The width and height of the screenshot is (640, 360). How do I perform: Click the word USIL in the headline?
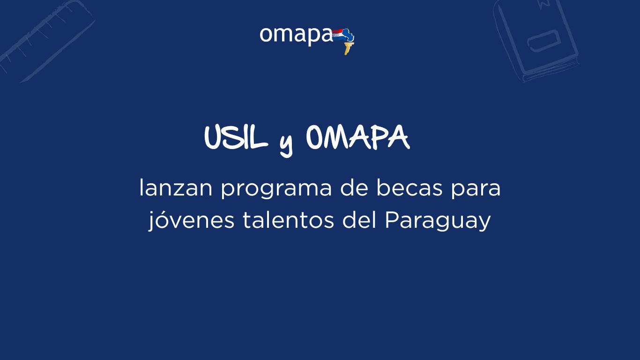pyautogui.click(x=236, y=138)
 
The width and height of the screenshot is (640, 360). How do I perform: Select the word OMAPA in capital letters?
pyautogui.click(x=358, y=138)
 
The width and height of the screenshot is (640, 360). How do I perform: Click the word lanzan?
pyautogui.click(x=176, y=187)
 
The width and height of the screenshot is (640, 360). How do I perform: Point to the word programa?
pyautogui.click(x=276, y=190)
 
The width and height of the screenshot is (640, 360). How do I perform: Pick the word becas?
pyautogui.click(x=409, y=187)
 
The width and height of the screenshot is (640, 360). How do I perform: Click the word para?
pyautogui.click(x=476, y=190)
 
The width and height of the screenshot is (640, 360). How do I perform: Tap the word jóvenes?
pyautogui.click(x=191, y=221)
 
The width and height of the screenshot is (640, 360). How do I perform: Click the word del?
pyautogui.click(x=359, y=219)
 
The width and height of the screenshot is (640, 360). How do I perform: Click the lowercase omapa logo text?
pyautogui.click(x=296, y=36)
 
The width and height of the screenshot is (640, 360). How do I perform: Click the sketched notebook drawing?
pyautogui.click(x=536, y=40)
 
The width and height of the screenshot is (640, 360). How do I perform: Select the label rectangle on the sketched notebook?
pyautogui.click(x=543, y=41)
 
